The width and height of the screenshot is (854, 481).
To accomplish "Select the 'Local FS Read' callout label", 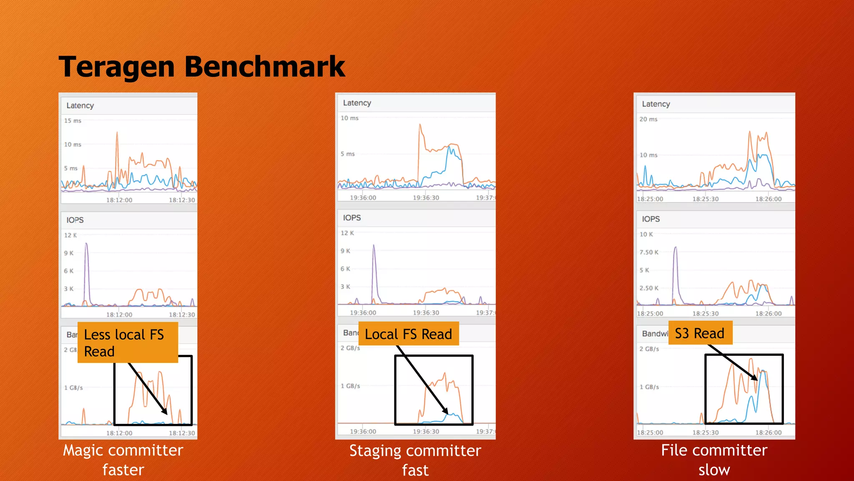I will [408, 334].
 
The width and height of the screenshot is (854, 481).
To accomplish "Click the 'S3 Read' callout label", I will [700, 333].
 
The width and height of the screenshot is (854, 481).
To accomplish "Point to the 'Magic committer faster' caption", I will [123, 460].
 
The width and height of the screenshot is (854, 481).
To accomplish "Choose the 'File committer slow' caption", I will [714, 460].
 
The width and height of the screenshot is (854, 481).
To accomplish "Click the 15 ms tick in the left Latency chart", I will [73, 121].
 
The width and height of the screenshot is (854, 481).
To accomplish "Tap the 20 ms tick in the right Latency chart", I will [648, 119].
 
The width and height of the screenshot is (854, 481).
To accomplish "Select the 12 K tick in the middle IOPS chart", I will [347, 233].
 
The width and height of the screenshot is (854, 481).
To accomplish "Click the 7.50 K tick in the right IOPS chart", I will [649, 252].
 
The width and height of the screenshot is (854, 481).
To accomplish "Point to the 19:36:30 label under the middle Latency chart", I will [426, 197].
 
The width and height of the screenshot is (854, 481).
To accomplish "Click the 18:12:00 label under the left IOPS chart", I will [119, 314].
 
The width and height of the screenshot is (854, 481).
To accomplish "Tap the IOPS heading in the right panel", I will [651, 219].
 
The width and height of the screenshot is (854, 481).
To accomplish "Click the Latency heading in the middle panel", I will [357, 103].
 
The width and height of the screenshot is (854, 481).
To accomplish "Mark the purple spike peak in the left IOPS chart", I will [86, 243].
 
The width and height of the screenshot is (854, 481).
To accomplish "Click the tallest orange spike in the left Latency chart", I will [117, 133].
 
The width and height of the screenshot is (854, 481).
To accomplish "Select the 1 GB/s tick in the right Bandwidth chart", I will [649, 387].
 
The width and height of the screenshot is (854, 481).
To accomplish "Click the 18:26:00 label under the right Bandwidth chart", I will [769, 432].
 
